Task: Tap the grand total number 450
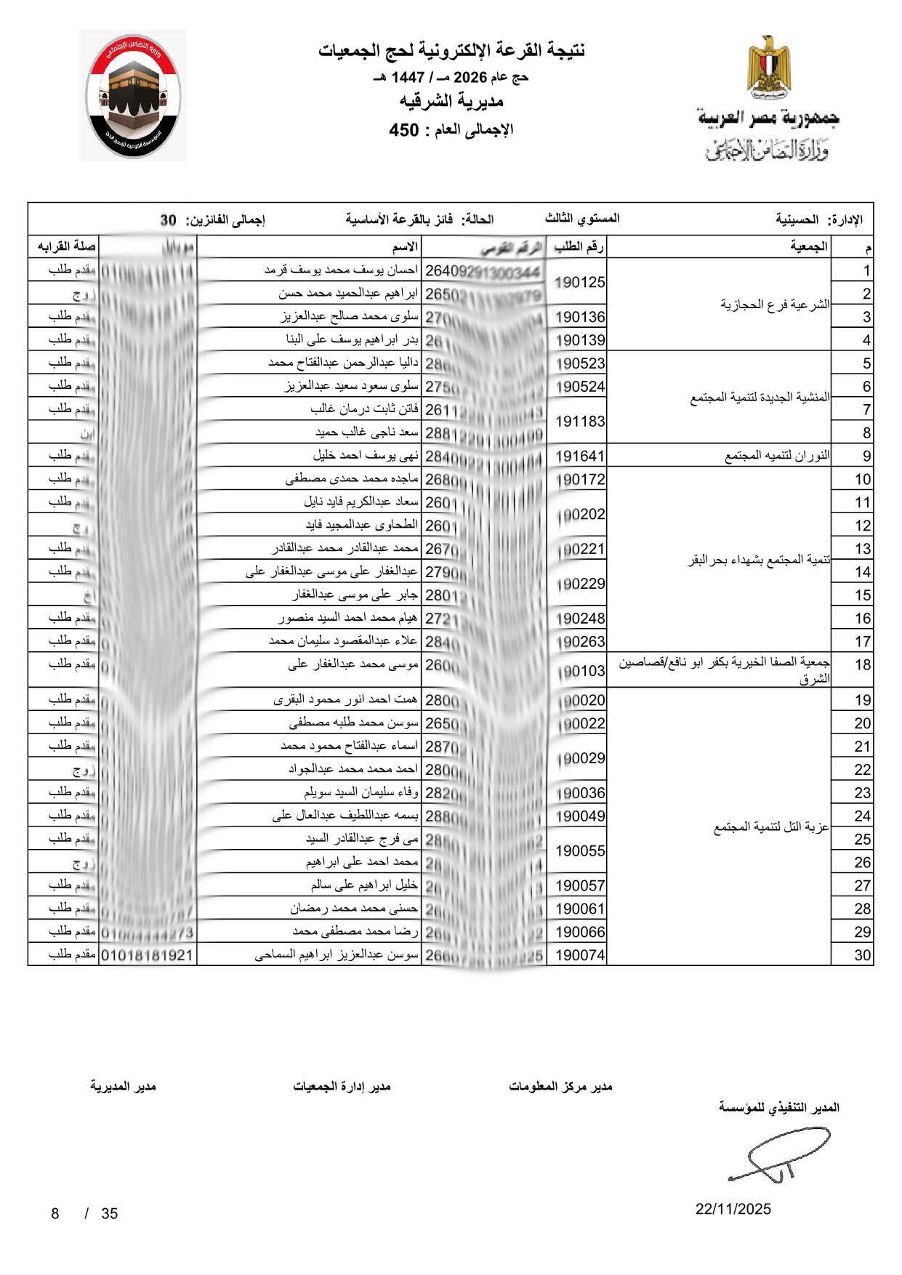(x=404, y=131)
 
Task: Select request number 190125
(x=580, y=282)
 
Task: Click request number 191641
(x=580, y=456)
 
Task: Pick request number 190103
(x=580, y=670)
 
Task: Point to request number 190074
(x=580, y=955)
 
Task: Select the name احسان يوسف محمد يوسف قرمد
(x=341, y=270)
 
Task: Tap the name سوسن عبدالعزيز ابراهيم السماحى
(x=336, y=955)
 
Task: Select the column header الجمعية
(x=809, y=247)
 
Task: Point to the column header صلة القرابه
(x=63, y=247)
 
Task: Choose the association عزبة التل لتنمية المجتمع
(x=772, y=827)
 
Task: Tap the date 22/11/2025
(x=733, y=1210)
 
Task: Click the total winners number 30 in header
(x=169, y=220)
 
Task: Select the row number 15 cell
(x=862, y=595)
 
